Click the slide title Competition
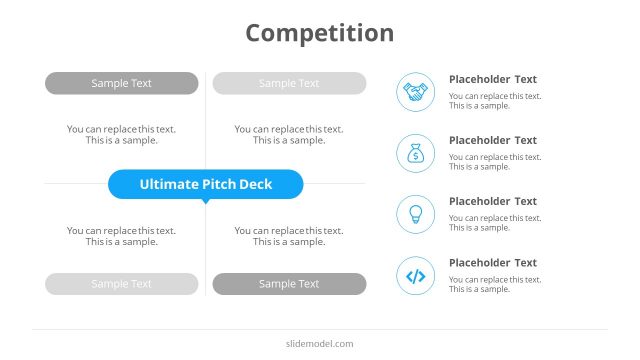pos(320,33)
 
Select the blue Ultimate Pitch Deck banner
pos(205,184)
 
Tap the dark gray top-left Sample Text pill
pos(121,83)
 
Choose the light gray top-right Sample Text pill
pos(289,83)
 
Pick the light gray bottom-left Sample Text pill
pos(121,284)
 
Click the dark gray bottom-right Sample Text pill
pos(289,284)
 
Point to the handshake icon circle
pos(416,92)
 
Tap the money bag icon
pos(416,153)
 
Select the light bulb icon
pos(416,214)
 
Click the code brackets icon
pos(416,276)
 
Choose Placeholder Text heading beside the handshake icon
pos(493,79)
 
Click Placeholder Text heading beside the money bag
pos(493,140)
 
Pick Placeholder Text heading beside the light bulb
pos(493,201)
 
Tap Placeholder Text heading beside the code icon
pos(493,263)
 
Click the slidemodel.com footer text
pos(319,344)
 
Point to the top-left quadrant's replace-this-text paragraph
pos(121,135)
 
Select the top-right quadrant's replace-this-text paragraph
pos(289,135)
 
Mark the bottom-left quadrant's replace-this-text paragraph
pos(121,236)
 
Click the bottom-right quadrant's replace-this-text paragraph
pos(289,236)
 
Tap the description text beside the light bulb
pos(495,223)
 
